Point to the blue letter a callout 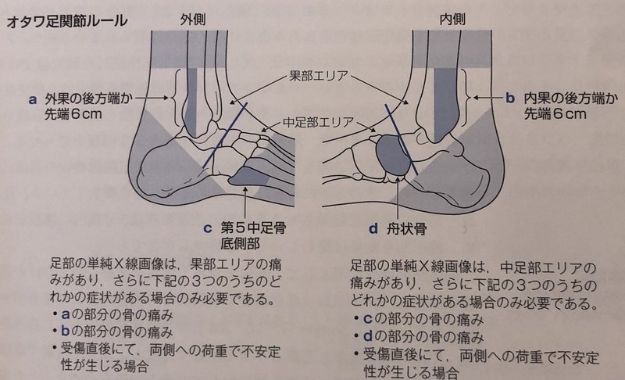click(33, 99)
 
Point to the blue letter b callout click(509, 99)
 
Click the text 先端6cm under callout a click(76, 113)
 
